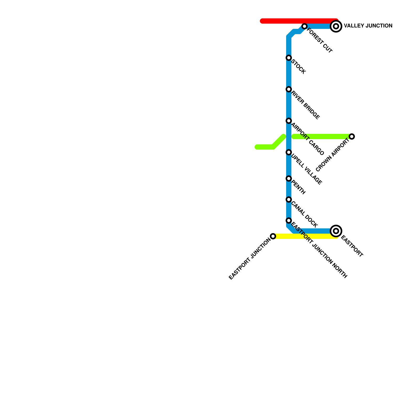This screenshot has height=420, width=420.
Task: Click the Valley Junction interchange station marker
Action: coord(336,26)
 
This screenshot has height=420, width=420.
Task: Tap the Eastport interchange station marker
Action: coord(336,231)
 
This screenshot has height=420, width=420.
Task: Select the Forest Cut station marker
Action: coord(304,26)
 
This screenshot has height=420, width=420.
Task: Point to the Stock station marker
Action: coord(289,58)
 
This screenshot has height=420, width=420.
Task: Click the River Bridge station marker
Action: coord(289,89)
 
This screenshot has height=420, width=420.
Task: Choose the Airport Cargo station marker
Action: coord(289,121)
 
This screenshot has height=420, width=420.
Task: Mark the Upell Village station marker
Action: coord(289,152)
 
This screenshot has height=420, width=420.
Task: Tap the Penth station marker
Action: coord(289,178)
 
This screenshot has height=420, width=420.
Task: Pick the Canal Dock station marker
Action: coord(289,199)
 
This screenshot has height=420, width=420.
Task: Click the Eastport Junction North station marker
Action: coord(289,220)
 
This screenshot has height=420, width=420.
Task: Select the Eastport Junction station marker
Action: coord(273,236)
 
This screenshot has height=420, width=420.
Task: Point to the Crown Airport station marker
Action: coord(352,136)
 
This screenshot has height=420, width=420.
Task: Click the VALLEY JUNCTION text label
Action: coord(368,26)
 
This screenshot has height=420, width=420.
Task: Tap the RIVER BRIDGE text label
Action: coord(306,105)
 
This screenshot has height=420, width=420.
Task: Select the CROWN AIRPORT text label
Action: coord(333,155)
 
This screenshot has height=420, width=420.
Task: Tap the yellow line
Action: coord(304,237)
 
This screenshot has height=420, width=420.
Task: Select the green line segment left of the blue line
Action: coord(265,147)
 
